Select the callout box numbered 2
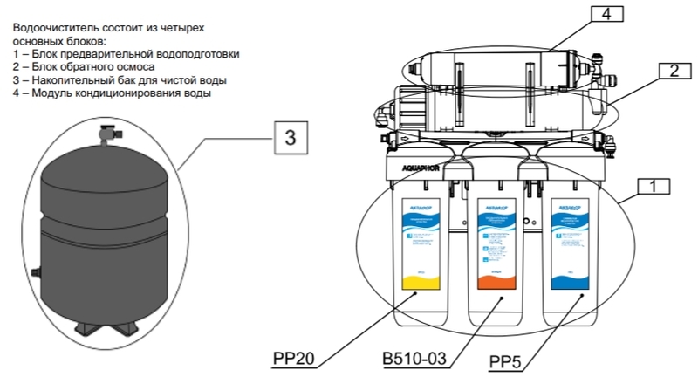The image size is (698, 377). (x=674, y=72)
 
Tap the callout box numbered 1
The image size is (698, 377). (x=658, y=186)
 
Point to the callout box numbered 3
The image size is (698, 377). (x=291, y=136)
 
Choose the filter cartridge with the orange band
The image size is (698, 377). (x=493, y=249)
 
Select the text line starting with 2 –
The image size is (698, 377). (x=84, y=66)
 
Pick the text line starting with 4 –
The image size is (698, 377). (x=112, y=93)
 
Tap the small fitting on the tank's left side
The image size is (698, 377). (x=35, y=274)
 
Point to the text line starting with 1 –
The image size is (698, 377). (x=126, y=54)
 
